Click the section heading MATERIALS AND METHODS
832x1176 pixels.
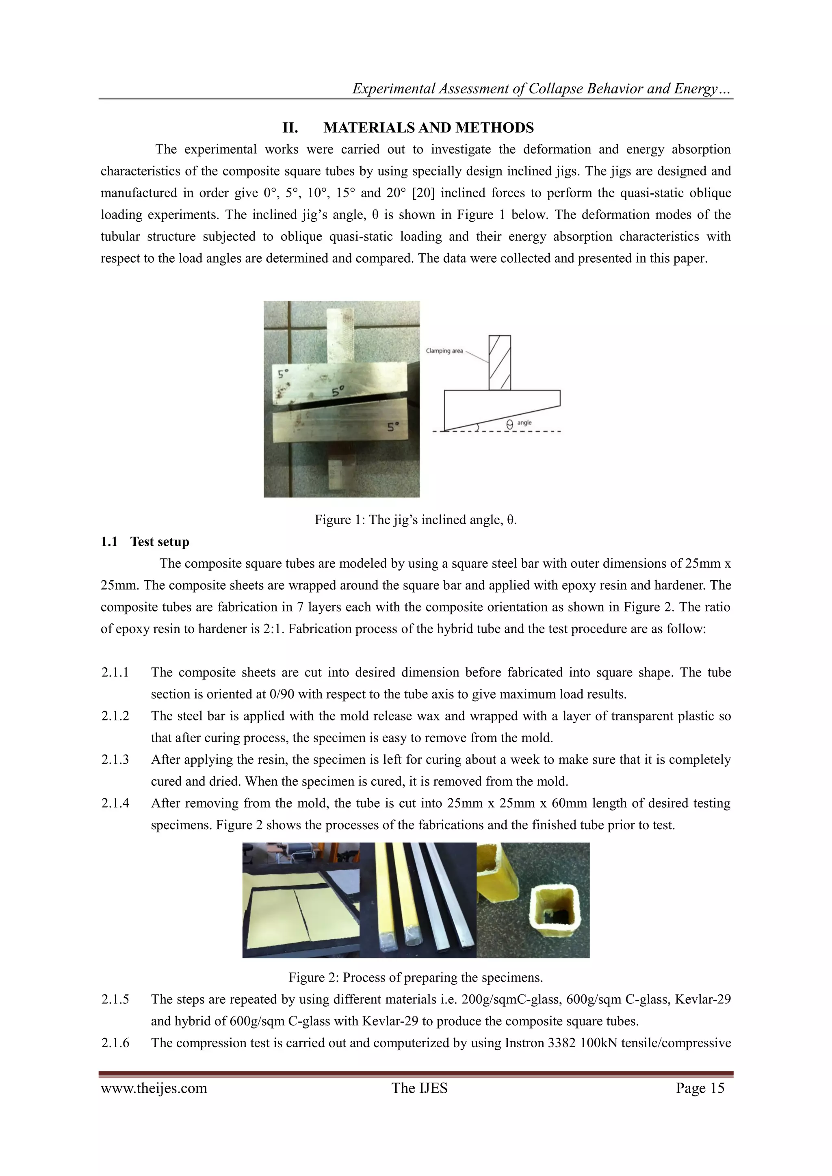[428, 128]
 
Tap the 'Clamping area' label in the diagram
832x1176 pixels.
[444, 351]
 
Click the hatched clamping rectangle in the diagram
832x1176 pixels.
[500, 363]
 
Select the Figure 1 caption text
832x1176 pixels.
[416, 520]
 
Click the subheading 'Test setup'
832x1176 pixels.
[159, 542]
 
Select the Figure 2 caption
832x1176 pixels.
[416, 977]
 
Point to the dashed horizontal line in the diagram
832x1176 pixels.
[533, 431]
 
